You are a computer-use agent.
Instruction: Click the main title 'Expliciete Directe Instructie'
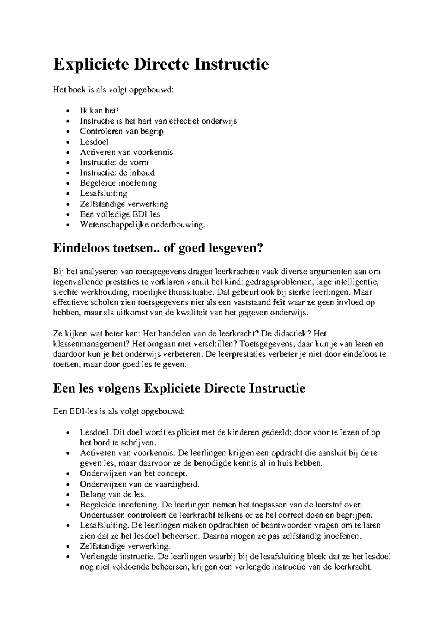[161, 64]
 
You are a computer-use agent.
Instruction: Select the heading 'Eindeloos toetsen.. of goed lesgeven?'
[158, 247]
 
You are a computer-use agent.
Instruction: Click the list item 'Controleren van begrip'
[121, 131]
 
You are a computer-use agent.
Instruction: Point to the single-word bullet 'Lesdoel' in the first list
[94, 142]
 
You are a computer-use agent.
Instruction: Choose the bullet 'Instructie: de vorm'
[114, 163]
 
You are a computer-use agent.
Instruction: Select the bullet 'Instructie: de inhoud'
[117, 173]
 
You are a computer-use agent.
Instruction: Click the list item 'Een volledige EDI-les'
[120, 214]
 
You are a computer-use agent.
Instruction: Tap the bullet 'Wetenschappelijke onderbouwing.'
[142, 225]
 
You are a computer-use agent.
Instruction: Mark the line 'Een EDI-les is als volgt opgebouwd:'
[118, 411]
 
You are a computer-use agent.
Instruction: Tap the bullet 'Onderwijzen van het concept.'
[133, 474]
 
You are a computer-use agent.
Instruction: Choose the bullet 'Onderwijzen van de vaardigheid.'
[140, 484]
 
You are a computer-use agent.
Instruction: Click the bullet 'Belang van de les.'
[113, 494]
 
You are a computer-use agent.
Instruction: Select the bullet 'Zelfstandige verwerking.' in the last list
[125, 547]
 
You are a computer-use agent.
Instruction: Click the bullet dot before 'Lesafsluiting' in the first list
[67, 194]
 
